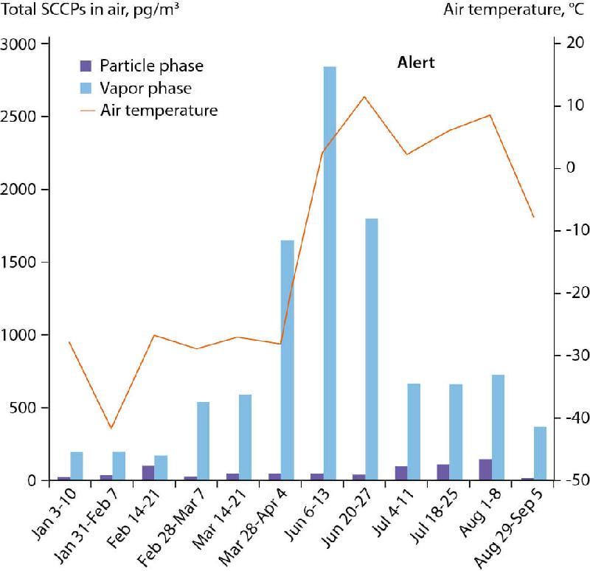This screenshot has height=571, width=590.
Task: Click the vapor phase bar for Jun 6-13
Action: pyautogui.click(x=330, y=273)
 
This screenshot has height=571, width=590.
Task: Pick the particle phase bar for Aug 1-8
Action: pyautogui.click(x=485, y=470)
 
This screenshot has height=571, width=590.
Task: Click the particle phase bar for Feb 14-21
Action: pyautogui.click(x=148, y=473)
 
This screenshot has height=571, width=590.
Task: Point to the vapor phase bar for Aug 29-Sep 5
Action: pyautogui.click(x=540, y=453)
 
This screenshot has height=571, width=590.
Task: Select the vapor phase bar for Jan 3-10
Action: pyautogui.click(x=77, y=466)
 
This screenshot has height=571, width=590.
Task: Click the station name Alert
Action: pyautogui.click(x=412, y=63)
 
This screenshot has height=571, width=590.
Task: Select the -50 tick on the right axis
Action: pyautogui.click(x=572, y=481)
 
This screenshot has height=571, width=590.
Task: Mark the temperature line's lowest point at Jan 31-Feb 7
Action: pyautogui.click(x=111, y=428)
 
